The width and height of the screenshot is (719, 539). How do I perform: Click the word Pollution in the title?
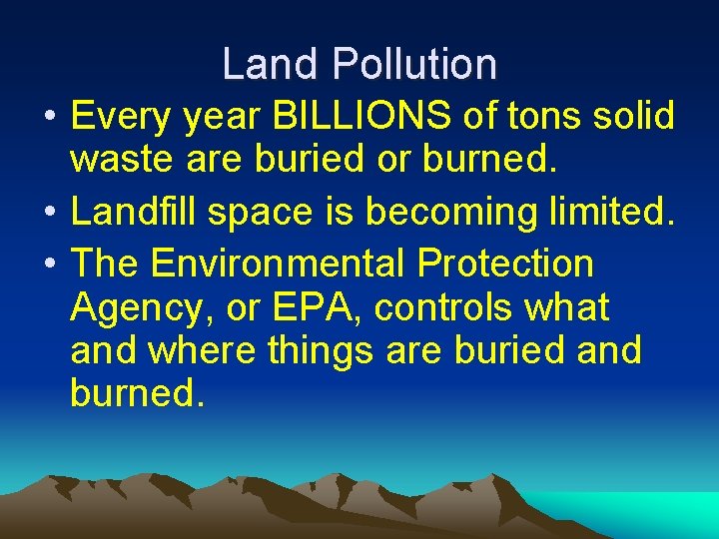pos(414,65)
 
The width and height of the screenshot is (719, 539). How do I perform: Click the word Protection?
pos(506,265)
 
